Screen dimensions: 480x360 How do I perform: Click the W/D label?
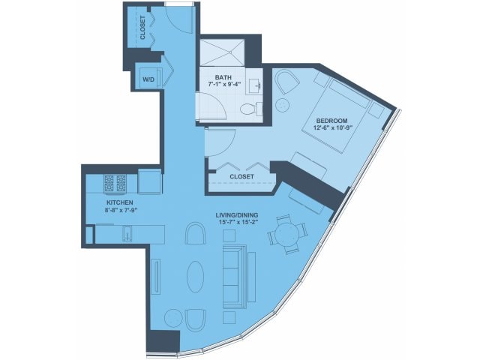point(148,79)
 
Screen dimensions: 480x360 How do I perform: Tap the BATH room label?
point(223,77)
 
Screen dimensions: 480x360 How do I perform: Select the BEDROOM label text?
point(331,121)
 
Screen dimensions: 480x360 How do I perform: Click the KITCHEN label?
point(120,202)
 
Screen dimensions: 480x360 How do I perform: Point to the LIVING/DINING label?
point(237,215)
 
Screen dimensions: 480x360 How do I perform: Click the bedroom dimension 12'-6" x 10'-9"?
point(331,128)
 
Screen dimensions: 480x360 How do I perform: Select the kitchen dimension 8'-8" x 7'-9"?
point(120,210)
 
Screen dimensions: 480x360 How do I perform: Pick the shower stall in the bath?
point(223,52)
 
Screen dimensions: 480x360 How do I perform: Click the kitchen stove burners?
point(115,183)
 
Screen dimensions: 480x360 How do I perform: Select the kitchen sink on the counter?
point(127,233)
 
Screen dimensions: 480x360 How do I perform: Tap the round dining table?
point(286,235)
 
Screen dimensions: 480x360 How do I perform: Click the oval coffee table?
point(195,277)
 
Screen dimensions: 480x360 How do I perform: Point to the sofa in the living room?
point(235,276)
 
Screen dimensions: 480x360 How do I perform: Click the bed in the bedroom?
point(334,115)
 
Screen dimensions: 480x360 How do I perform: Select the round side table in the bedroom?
point(283,105)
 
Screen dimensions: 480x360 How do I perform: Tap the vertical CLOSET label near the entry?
point(142,28)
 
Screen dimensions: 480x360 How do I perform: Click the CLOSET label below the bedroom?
point(241,177)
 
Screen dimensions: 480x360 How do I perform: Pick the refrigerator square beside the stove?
point(149,181)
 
